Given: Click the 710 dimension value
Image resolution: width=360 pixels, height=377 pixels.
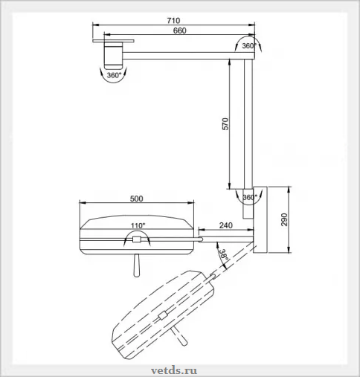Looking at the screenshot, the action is [173, 20].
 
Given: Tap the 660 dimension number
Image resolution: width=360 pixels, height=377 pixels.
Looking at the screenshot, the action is [179, 30].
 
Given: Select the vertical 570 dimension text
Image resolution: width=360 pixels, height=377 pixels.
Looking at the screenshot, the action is [225, 124].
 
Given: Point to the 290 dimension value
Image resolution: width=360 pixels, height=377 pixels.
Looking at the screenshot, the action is [284, 219].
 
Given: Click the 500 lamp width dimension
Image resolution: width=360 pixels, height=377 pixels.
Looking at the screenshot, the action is [137, 199].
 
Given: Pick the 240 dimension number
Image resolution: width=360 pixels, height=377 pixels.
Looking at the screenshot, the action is [226, 225].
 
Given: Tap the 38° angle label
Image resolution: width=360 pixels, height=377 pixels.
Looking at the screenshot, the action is [223, 255].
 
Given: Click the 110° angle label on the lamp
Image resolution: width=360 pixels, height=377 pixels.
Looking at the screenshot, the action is [138, 225].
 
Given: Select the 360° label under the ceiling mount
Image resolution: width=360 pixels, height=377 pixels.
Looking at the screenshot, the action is [114, 75].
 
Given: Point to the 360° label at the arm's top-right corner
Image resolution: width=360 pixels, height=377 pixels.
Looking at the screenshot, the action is [249, 46].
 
